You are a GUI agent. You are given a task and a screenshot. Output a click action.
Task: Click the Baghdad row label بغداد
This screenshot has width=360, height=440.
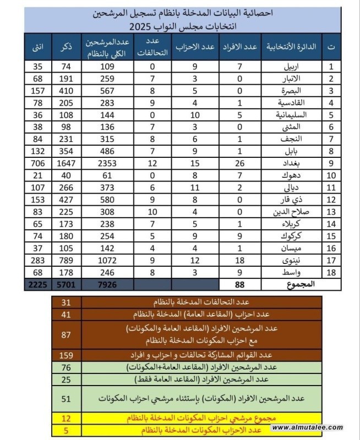point(295,163)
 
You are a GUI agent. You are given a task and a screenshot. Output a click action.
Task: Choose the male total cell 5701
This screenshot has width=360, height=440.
point(65,284)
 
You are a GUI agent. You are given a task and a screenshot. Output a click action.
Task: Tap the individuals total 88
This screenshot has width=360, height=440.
point(239,284)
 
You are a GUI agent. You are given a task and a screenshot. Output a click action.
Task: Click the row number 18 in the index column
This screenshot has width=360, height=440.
point(331,272)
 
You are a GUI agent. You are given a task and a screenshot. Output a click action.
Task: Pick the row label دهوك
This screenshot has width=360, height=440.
point(296,175)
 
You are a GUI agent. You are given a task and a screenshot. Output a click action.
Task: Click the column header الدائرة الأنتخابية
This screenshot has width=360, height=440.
point(292,48)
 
